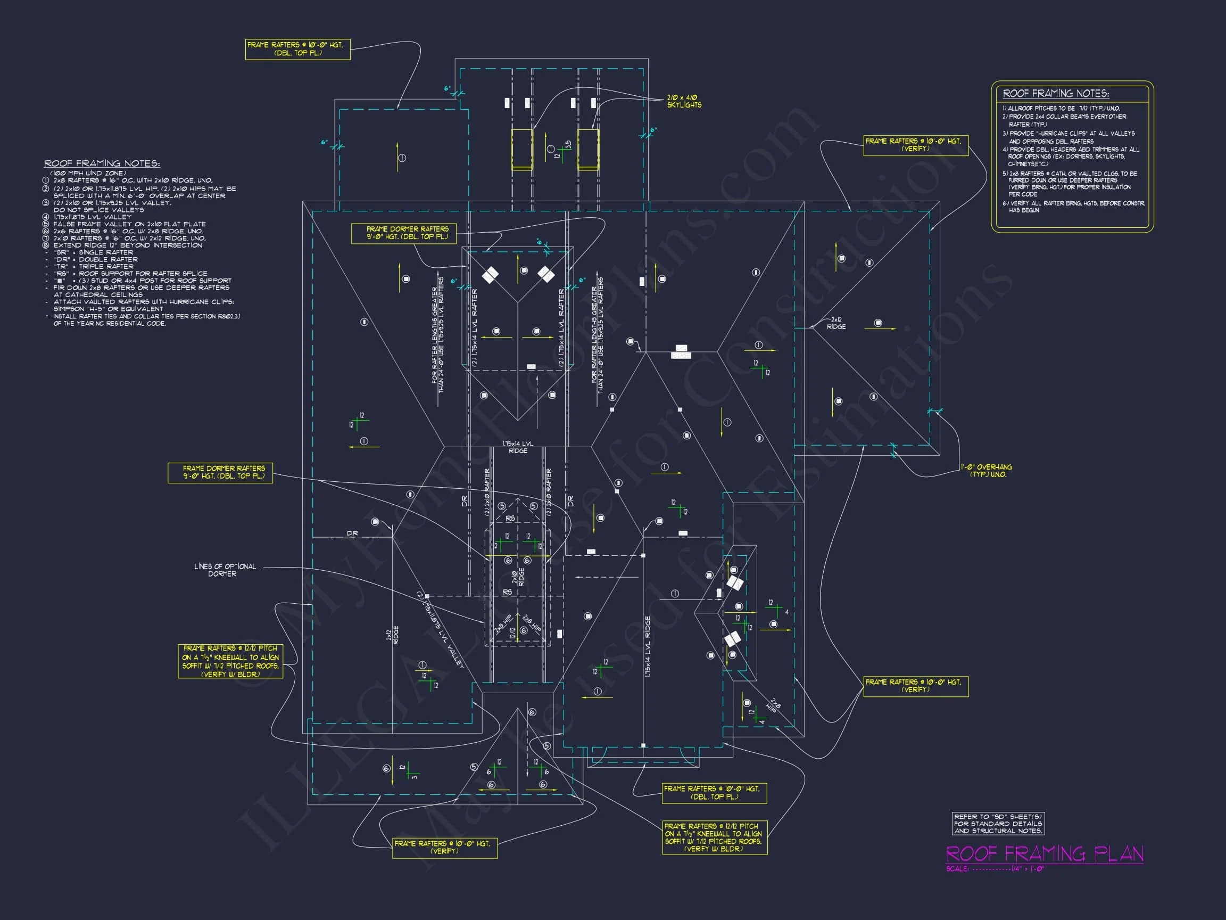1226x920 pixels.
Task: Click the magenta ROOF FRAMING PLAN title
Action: click(1044, 853)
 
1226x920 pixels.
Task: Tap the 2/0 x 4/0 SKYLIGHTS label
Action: click(684, 101)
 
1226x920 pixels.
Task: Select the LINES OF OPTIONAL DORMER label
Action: click(225, 570)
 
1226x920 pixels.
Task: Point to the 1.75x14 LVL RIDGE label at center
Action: click(518, 448)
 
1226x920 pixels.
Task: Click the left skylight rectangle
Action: click(521, 149)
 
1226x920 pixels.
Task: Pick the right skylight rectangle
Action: click(588, 149)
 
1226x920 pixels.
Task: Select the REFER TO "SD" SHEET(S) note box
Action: click(998, 824)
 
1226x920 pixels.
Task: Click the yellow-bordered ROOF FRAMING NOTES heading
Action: click(1055, 94)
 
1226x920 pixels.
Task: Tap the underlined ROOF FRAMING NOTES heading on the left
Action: click(102, 163)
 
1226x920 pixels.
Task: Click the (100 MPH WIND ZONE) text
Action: click(89, 173)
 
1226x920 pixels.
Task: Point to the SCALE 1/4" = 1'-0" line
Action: click(995, 869)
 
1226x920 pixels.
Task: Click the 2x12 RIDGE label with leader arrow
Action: click(836, 323)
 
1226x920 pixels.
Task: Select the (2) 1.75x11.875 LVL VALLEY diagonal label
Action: click(440, 630)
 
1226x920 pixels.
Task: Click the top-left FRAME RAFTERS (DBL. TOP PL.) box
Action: click(297, 49)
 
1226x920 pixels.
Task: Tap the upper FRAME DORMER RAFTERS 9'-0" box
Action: click(408, 233)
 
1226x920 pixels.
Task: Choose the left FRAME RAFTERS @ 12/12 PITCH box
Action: click(230, 661)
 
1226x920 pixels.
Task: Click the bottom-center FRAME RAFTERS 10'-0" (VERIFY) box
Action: click(444, 847)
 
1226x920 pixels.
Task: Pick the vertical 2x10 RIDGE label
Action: click(518, 577)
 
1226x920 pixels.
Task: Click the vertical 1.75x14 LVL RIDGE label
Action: click(648, 646)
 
